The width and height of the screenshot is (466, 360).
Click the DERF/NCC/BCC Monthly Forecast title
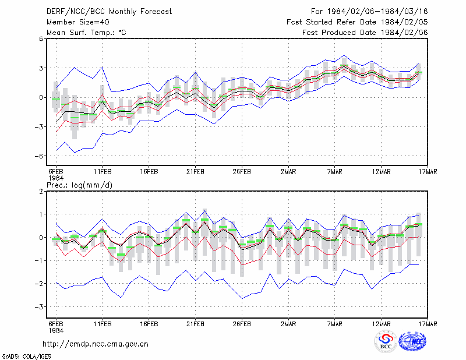click(x=109, y=12)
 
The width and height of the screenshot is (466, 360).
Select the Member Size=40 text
click(x=78, y=22)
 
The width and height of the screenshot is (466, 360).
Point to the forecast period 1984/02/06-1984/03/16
click(x=369, y=12)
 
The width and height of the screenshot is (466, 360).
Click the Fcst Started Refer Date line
click(x=357, y=22)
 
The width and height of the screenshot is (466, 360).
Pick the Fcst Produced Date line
click(x=365, y=33)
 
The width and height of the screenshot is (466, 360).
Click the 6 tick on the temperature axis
click(x=41, y=38)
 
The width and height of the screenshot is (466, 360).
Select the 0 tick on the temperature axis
click(x=41, y=97)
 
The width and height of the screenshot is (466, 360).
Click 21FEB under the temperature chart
click(x=195, y=172)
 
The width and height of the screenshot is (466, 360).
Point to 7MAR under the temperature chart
click(x=334, y=172)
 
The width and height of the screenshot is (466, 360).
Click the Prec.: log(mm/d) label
click(x=79, y=185)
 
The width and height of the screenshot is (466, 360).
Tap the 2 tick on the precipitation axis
click(x=41, y=191)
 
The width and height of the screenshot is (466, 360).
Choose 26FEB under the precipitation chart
click(x=242, y=324)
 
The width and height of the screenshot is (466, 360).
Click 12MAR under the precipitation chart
click(x=382, y=324)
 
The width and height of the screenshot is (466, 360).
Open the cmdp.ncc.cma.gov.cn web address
click(x=96, y=344)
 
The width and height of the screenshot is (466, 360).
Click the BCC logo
click(x=386, y=341)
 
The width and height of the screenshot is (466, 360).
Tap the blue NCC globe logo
click(x=412, y=341)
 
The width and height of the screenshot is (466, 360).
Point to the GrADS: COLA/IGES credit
click(x=26, y=357)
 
